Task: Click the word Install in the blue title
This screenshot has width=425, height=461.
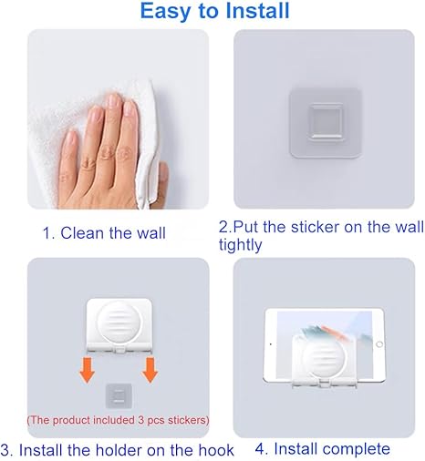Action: pos(257,11)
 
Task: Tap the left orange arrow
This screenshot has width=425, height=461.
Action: pos(88,370)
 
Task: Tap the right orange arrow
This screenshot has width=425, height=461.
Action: pos(150,370)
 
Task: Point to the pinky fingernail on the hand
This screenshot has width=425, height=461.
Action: pos(71,138)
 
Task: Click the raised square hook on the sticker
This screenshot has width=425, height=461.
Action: pos(325,122)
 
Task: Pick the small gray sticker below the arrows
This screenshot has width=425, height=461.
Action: pos(119,396)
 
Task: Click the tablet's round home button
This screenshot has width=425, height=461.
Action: pos(379,344)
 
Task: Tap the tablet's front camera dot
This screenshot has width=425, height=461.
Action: pos(271,344)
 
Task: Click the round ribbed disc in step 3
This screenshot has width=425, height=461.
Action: pos(119,323)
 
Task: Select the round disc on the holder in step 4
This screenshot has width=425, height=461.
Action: pos(324,357)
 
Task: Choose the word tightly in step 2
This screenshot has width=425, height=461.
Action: pos(240,245)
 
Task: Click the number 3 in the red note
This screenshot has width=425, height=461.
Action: pos(140,420)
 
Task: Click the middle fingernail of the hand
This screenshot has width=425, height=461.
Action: pos(115,101)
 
